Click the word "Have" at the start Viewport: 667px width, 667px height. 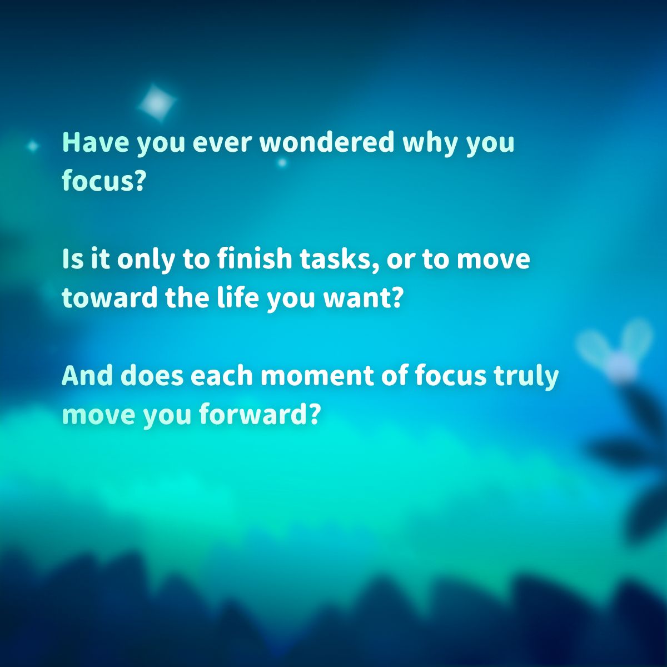(x=95, y=142)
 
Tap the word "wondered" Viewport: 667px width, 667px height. (x=326, y=142)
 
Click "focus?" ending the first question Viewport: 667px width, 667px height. (x=103, y=181)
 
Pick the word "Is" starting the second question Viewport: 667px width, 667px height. (x=71, y=260)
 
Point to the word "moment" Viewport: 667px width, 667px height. (x=316, y=376)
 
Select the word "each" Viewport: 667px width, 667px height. (x=222, y=376)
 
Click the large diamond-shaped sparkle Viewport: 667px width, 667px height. (x=157, y=102)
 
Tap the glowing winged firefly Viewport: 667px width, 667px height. (x=617, y=356)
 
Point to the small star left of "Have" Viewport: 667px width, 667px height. (x=33, y=146)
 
